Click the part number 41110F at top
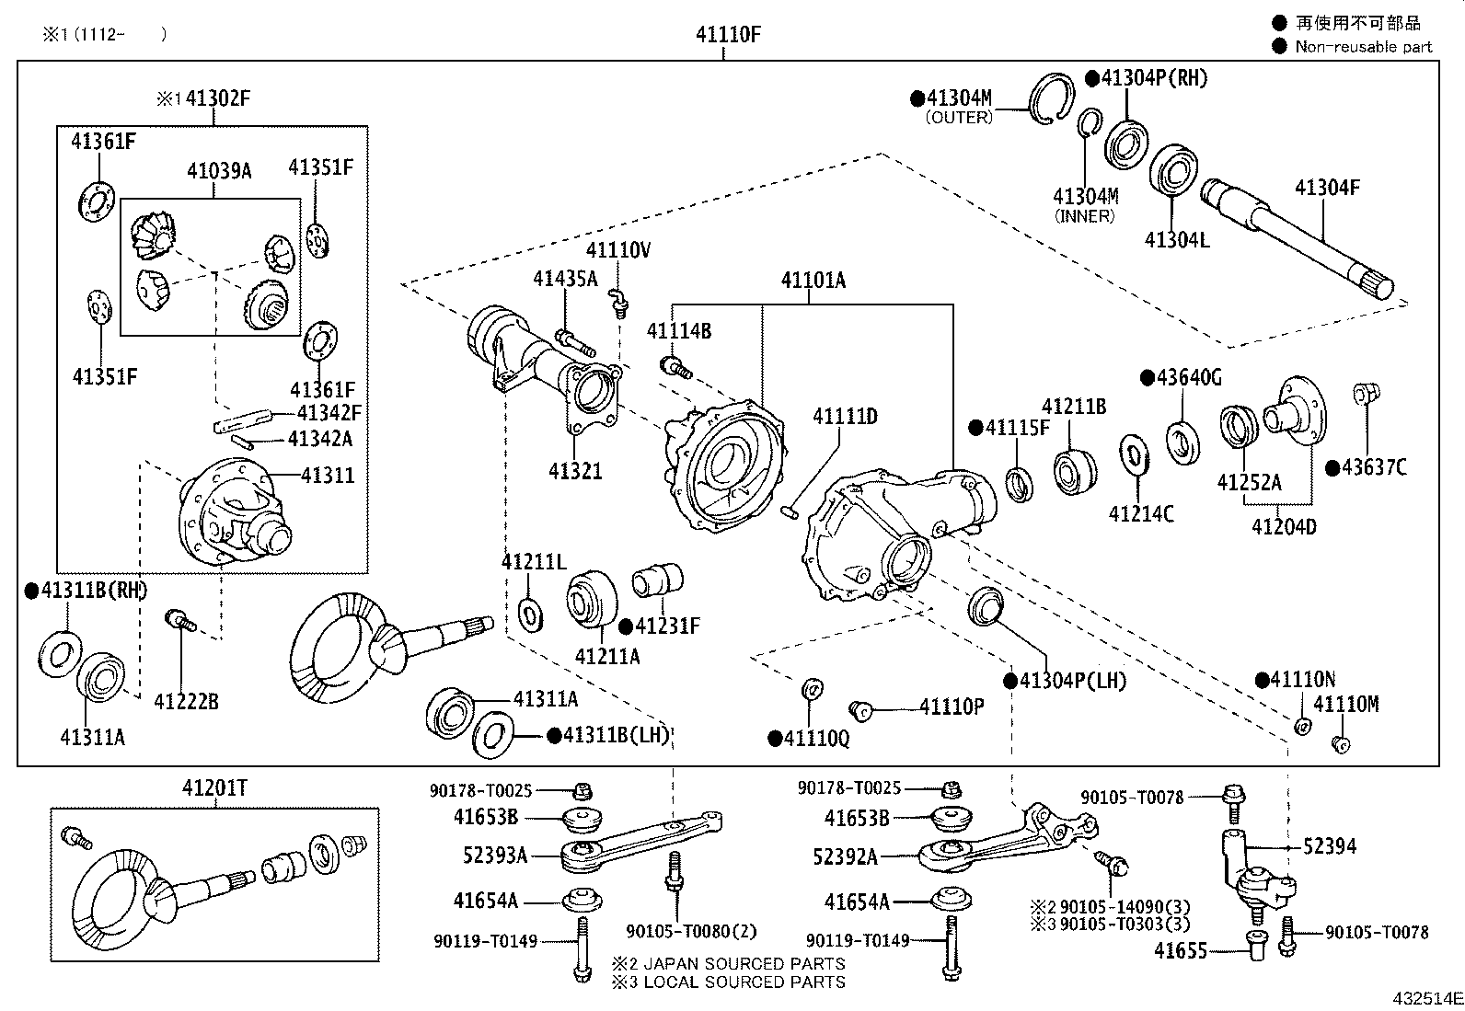click(728, 35)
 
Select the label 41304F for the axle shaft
click(1326, 188)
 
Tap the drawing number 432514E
click(1426, 997)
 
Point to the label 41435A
click(564, 279)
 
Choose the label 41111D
click(844, 417)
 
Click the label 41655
click(1181, 950)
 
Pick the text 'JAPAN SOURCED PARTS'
click(744, 964)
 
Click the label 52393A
click(495, 856)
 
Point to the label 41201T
click(214, 787)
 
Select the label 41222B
click(186, 702)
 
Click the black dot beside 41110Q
click(775, 738)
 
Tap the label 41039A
click(219, 170)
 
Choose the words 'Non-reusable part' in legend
click(1363, 47)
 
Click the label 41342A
click(319, 439)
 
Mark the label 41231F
click(667, 626)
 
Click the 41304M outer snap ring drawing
click(1051, 97)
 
